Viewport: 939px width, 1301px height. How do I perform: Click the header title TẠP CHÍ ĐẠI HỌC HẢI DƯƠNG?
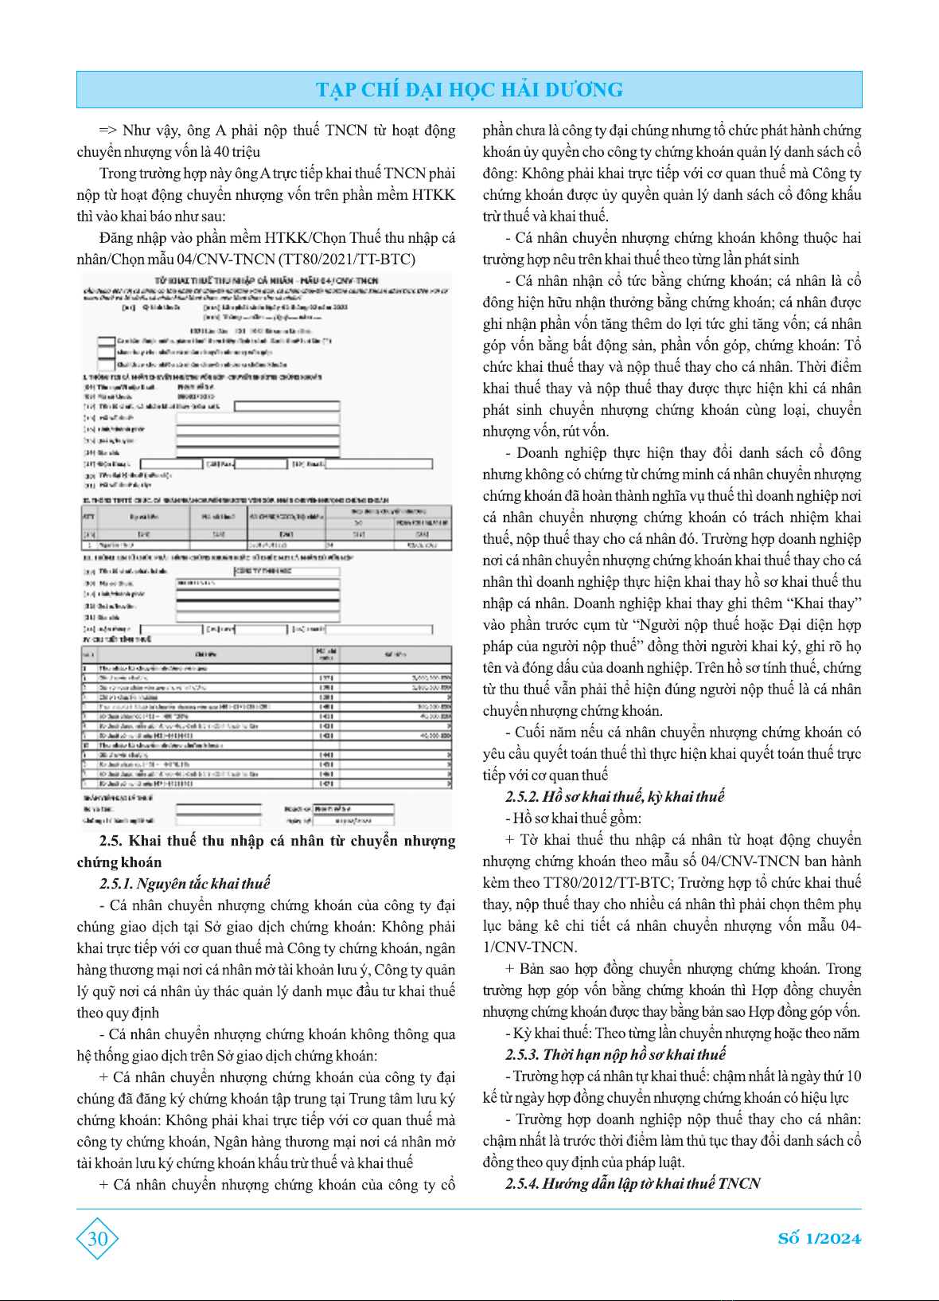click(x=469, y=89)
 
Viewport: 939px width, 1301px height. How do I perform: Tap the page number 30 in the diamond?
click(x=97, y=1238)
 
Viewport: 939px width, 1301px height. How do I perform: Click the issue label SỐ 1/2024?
click(x=819, y=1238)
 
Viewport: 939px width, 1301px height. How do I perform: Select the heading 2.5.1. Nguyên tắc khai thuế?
click(x=185, y=884)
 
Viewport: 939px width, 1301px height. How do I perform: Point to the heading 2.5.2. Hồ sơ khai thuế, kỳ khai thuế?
click(x=614, y=797)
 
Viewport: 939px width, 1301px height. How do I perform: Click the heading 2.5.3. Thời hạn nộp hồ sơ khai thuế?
click(x=615, y=1055)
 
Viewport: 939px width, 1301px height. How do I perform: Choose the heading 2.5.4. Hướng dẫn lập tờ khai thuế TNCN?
click(x=633, y=1184)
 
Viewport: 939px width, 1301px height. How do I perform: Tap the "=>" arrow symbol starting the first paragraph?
click(x=108, y=131)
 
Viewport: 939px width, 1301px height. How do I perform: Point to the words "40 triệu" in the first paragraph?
click(x=237, y=152)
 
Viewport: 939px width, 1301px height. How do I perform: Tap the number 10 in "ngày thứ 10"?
click(x=853, y=1076)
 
